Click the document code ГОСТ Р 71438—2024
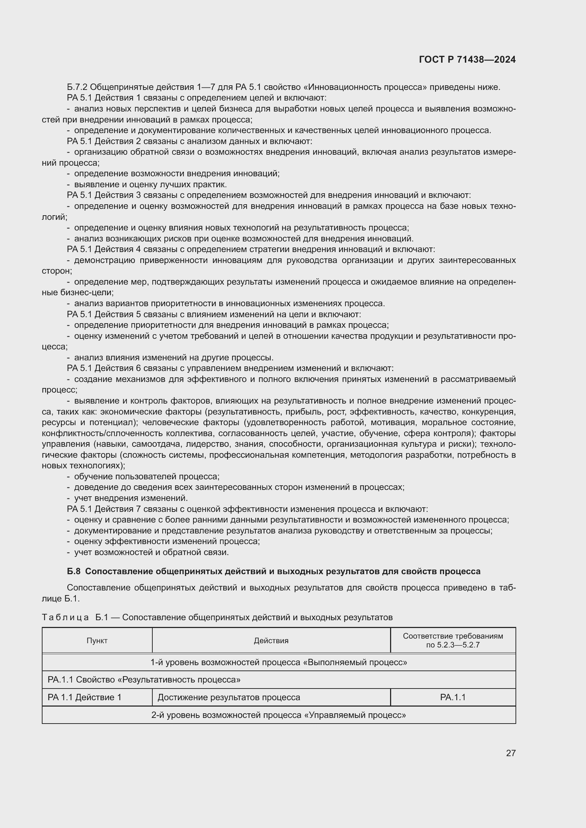tap(467, 59)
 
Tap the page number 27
tap(511, 753)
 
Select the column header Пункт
tap(97, 640)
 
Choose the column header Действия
tap(271, 640)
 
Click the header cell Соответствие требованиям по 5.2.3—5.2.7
tap(452, 640)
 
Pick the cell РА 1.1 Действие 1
tap(84, 697)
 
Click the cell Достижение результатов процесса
tap(229, 697)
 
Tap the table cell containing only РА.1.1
tap(452, 697)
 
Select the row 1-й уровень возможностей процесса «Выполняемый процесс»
tap(278, 662)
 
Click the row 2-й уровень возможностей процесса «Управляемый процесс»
tap(278, 715)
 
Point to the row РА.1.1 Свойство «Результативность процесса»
tap(144, 679)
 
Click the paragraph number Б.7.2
tap(77, 87)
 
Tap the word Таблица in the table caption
tap(65, 617)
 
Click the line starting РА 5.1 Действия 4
tap(251, 249)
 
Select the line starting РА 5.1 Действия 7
tap(247, 509)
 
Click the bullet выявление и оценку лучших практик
tap(150, 185)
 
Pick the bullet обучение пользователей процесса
tap(147, 476)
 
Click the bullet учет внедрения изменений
tap(131, 498)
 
